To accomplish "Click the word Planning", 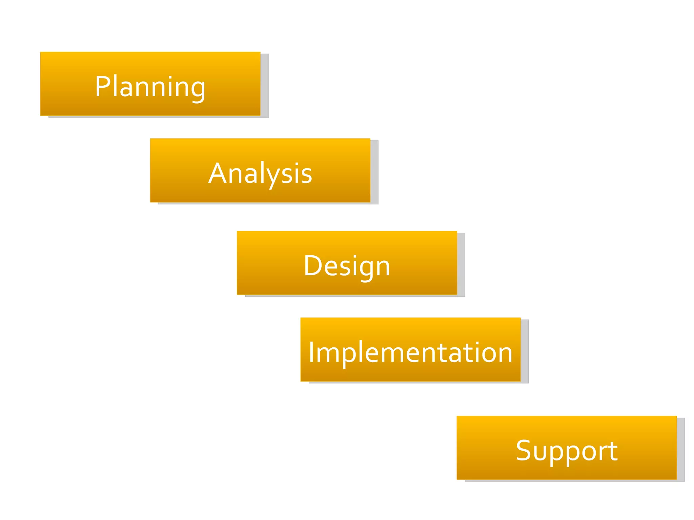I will coord(150,87).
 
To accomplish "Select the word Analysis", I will coord(260,173).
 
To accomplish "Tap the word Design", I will coord(347,266).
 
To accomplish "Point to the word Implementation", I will coord(410,352).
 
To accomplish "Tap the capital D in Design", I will coord(312,266).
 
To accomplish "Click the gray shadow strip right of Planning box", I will coord(264,85).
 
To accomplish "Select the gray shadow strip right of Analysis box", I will coord(374,172).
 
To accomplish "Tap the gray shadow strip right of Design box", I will coord(461,264).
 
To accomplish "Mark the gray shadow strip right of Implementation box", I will coord(525,351).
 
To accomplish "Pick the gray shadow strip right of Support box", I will coord(680,449).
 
